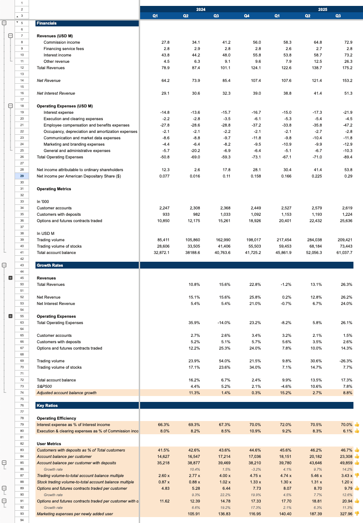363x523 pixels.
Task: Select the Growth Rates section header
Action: (50, 265)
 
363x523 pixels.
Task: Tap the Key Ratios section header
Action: (47, 406)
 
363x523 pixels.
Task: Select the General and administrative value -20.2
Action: (195, 151)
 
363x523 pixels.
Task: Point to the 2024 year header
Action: (201, 9)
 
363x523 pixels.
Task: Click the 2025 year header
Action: (323, 9)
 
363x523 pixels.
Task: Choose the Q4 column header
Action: (247, 16)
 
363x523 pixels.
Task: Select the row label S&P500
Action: (44, 386)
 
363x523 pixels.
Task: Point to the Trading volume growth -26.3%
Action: (346, 361)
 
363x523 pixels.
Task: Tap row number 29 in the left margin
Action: (21, 176)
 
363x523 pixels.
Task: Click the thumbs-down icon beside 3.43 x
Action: (357, 476)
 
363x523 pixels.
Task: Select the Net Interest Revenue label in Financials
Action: (55, 93)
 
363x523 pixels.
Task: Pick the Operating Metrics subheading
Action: (54, 189)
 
